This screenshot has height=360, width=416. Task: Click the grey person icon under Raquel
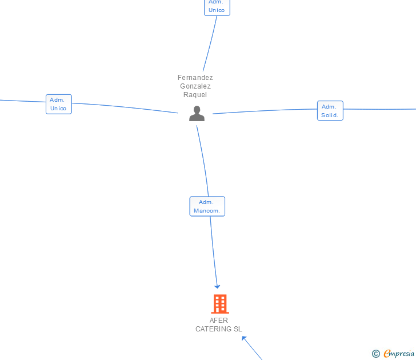point(197,114)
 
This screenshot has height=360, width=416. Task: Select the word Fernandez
point(195,78)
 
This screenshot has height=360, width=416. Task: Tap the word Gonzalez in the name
point(195,86)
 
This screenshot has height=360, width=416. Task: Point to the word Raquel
point(195,95)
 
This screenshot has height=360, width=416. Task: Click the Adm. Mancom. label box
point(207,206)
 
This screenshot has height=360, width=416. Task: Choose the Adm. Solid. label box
point(330,111)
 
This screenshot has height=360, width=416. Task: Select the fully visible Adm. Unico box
point(58,104)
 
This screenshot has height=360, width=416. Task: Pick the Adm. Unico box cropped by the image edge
point(217,7)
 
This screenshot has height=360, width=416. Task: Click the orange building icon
point(219,304)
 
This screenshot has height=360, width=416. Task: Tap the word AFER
point(219,321)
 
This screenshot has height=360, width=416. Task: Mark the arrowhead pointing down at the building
point(217,286)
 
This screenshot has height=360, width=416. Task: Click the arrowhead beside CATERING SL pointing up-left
point(245,339)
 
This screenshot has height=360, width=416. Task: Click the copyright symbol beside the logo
point(375,354)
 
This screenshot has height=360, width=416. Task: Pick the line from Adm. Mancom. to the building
point(213,251)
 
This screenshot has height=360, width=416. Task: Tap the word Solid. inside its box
point(330,115)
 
